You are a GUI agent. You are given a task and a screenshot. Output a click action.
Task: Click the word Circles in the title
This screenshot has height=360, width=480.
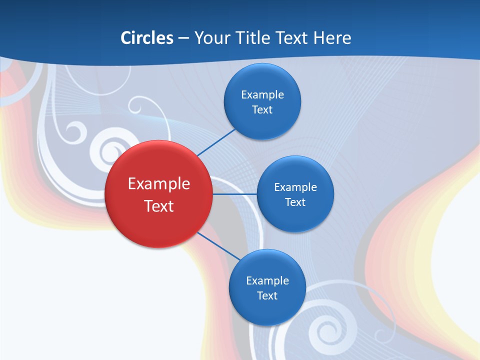(x=146, y=38)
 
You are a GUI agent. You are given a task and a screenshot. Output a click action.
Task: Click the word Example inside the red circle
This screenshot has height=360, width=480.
(x=158, y=184)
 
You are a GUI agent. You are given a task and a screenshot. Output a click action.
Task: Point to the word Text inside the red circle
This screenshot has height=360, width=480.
(x=158, y=206)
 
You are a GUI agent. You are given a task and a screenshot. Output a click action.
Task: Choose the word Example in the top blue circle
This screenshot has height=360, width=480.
(x=262, y=95)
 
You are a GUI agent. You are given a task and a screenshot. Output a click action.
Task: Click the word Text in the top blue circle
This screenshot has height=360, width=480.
(x=262, y=110)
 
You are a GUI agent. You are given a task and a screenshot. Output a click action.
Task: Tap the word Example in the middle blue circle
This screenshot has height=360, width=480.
(x=295, y=187)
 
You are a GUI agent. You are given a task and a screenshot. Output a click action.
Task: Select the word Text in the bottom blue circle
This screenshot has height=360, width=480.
(x=267, y=295)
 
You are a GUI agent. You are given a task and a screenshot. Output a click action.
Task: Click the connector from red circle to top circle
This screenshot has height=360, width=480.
(x=216, y=142)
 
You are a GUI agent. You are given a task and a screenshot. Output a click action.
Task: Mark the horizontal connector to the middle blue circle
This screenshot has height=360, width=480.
(x=234, y=194)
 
